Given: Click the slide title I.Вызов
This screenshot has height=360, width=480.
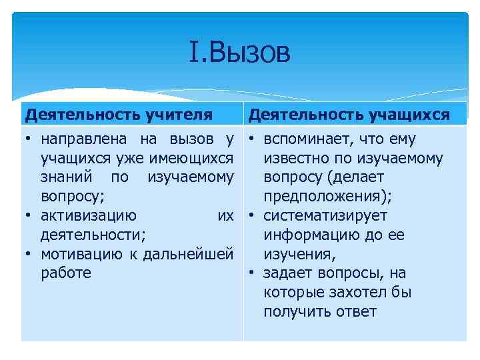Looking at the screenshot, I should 240,53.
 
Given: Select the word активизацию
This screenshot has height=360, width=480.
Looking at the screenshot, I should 89,216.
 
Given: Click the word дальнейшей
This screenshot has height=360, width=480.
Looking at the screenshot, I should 198,254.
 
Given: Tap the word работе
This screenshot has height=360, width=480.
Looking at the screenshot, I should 66,273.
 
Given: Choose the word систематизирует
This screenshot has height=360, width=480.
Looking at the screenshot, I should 325,216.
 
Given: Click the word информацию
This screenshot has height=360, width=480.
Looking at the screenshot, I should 310,235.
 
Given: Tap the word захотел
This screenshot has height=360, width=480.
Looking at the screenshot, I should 358,293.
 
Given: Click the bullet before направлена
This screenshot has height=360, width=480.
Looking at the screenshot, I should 30,140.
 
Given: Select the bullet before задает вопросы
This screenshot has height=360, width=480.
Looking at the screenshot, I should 253,274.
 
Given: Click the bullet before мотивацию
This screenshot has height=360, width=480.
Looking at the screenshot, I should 30,255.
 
